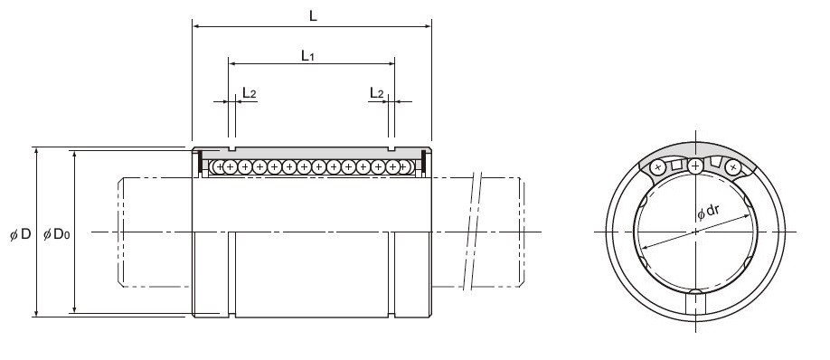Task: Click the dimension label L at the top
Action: pyautogui.click(x=313, y=16)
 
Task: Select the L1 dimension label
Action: pyautogui.click(x=307, y=55)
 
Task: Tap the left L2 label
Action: pyautogui.click(x=250, y=93)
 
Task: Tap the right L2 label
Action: pyautogui.click(x=376, y=93)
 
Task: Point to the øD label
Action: pyautogui.click(x=21, y=234)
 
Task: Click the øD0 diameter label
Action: pyautogui.click(x=56, y=234)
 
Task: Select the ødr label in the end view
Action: pyautogui.click(x=708, y=212)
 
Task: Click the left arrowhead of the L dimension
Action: pyautogui.click(x=196, y=26)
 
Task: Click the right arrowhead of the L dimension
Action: pyautogui.click(x=428, y=26)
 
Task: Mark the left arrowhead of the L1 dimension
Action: pyautogui.click(x=231, y=63)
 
